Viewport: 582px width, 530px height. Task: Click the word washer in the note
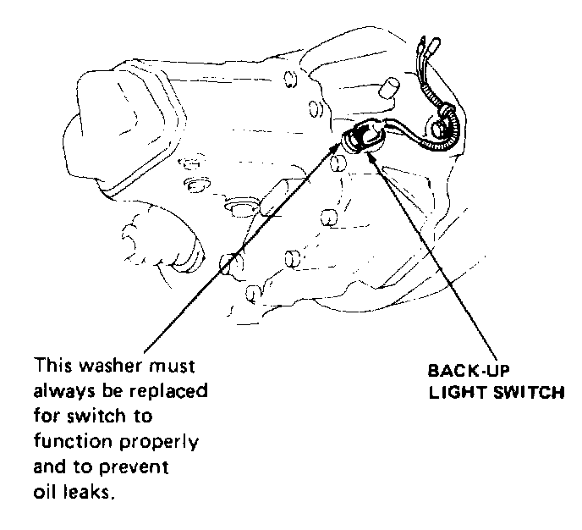pos(107,369)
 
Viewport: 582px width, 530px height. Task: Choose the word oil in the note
pos(45,491)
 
